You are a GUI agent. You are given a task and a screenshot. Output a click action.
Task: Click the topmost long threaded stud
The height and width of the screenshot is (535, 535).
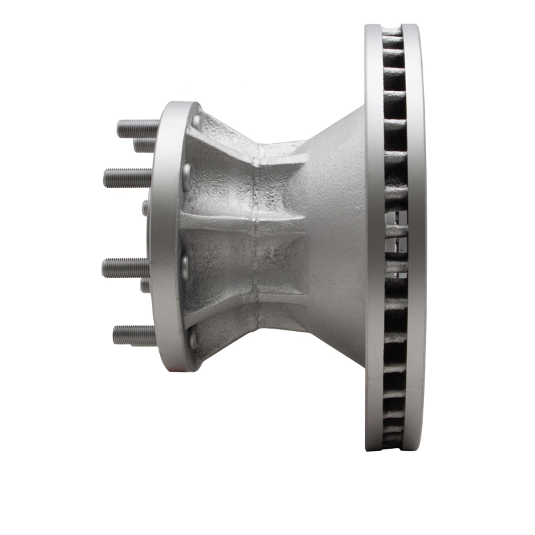coord(138,128)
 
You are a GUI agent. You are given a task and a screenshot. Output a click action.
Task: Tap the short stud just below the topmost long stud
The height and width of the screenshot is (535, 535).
coord(144,145)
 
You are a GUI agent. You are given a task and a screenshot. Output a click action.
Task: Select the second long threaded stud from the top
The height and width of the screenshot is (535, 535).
coord(127,178)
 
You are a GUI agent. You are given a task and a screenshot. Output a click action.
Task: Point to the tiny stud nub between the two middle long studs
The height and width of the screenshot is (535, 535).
coord(145,208)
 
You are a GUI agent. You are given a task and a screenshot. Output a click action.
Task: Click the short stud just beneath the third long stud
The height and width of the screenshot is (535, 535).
coord(145,286)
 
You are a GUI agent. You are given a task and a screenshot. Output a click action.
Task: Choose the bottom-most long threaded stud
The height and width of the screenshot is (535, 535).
coord(134,334)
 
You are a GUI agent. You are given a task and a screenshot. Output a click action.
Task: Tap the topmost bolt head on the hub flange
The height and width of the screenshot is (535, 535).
coord(196,121)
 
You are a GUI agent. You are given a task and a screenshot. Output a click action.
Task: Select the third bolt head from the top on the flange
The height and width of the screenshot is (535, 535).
coord(185,267)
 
